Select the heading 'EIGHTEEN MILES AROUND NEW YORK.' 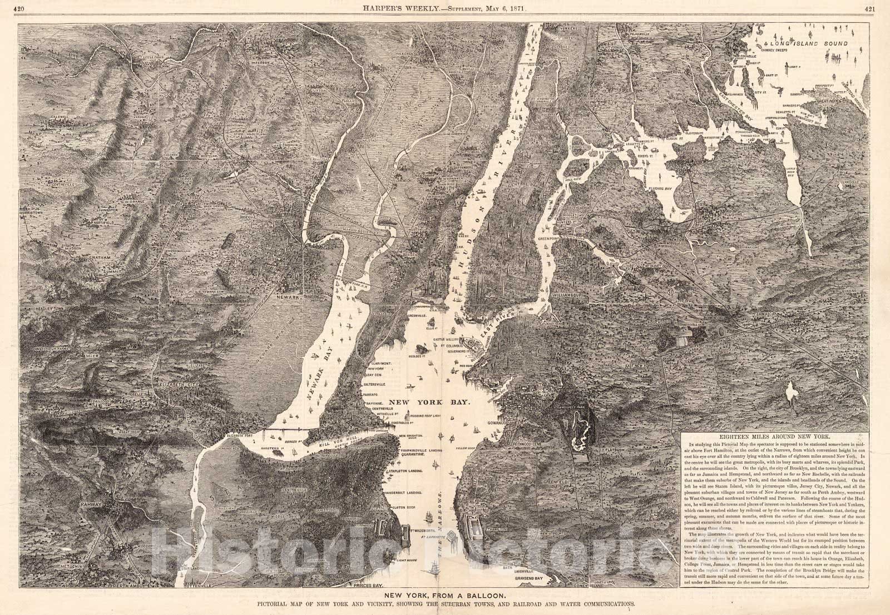click(x=774, y=438)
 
